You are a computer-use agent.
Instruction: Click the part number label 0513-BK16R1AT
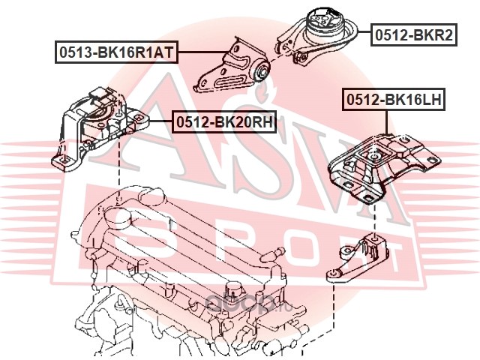pos(117,52)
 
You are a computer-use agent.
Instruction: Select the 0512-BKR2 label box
pos(414,35)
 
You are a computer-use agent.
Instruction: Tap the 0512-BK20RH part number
pos(224,122)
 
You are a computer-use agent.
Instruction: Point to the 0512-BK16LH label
pos(394,99)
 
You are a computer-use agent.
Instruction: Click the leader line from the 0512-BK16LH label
pos(387,121)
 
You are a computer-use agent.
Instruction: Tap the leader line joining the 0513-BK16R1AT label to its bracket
pos(203,52)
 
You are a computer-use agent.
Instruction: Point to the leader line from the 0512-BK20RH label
pos(160,121)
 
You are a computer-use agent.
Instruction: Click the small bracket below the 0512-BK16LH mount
pos(357,259)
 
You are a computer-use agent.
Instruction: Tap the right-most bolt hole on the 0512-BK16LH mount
pos(433,160)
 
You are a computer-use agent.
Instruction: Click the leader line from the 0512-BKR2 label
pos(364,31)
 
